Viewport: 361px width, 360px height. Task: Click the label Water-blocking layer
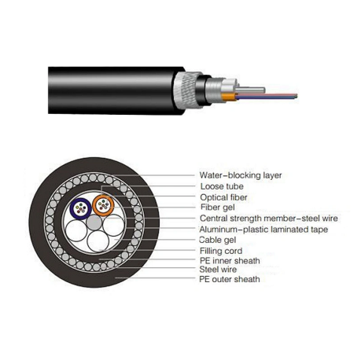coord(241,175)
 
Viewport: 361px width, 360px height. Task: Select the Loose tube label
coord(222,186)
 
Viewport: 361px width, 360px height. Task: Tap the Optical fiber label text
coord(223,197)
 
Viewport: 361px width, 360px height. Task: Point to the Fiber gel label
coord(218,208)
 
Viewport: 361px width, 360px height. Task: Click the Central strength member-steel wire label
coord(269,218)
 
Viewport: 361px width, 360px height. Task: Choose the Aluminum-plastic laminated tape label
coord(263,230)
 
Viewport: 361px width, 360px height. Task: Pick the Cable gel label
coord(218,240)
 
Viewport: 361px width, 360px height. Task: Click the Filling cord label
coord(221,251)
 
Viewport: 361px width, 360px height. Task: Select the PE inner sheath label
coord(230,261)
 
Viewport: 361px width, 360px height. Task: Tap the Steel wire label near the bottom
coord(218,269)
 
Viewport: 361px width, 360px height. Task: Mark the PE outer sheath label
coord(230,279)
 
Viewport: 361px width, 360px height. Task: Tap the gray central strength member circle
coord(94,222)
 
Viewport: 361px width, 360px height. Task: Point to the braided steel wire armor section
coord(186,91)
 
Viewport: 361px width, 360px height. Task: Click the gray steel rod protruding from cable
coord(250,90)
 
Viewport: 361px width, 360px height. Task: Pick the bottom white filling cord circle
coord(98,241)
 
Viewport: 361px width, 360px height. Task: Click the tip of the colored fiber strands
coord(297,96)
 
